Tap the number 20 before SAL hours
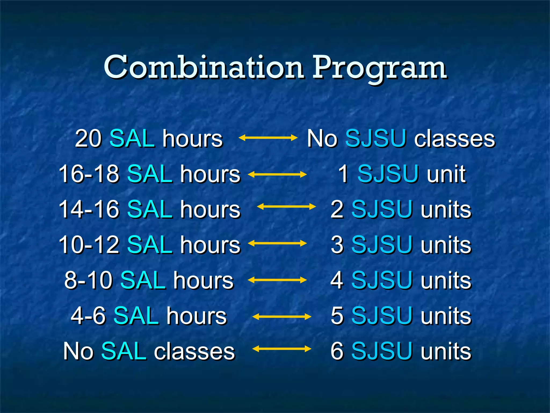[x=88, y=139]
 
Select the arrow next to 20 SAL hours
[x=268, y=138]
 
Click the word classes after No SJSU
[x=454, y=139]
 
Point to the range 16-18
[x=89, y=174]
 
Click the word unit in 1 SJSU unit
[x=446, y=174]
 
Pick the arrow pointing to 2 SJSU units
[x=286, y=206]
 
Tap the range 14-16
[x=89, y=209]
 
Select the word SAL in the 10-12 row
[x=150, y=245]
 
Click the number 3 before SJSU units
[x=337, y=245]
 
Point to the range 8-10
[x=88, y=280]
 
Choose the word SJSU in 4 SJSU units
[x=381, y=280]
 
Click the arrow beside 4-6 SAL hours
[x=282, y=317]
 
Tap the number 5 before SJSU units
[x=337, y=316]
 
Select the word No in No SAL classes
[x=78, y=351]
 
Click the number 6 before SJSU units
[x=337, y=351]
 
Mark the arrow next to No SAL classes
[x=282, y=349]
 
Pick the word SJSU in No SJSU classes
[x=375, y=139]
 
